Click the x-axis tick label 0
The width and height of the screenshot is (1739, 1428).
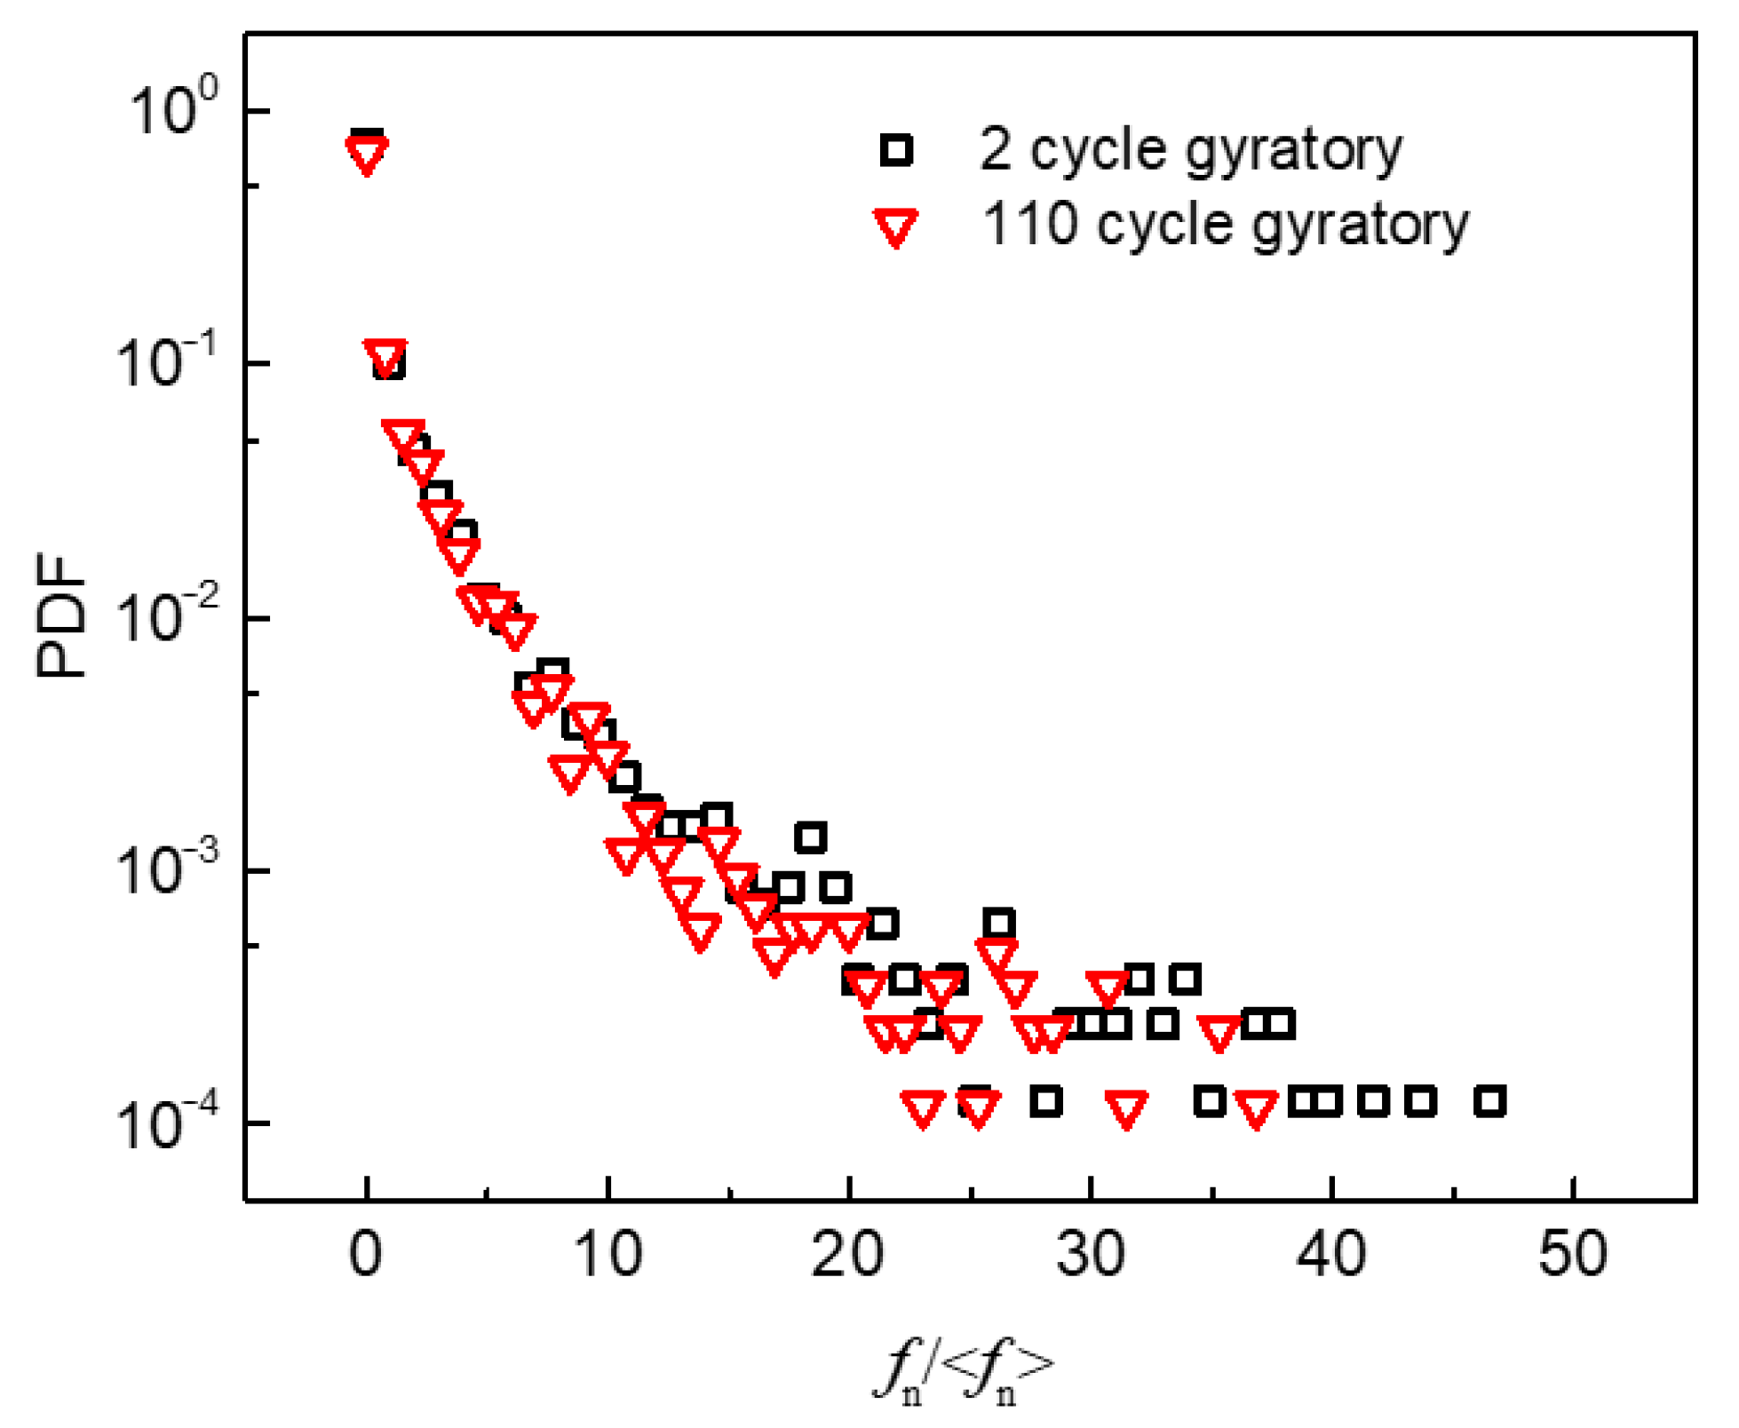point(366,1254)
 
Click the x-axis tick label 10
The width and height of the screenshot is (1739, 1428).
point(608,1254)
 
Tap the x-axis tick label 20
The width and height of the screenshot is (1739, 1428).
point(848,1254)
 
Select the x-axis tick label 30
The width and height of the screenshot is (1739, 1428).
point(1091,1254)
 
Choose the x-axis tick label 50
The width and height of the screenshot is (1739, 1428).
point(1573,1254)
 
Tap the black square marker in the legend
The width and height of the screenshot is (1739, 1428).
point(896,149)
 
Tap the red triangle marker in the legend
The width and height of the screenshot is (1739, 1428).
point(895,226)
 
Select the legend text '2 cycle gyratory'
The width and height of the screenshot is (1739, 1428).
point(1190,149)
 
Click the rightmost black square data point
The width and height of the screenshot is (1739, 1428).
point(1489,1101)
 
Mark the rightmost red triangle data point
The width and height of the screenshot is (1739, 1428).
point(1256,1108)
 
